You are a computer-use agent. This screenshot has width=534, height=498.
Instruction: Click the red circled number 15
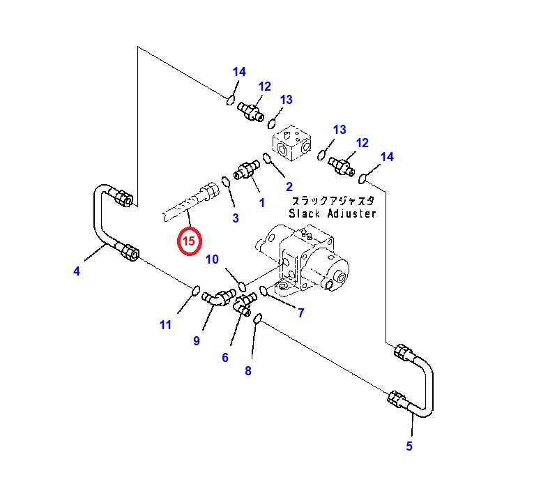[x=189, y=241]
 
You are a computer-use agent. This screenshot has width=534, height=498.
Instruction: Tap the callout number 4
[x=77, y=271]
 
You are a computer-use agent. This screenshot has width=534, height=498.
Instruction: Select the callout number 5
[x=409, y=446]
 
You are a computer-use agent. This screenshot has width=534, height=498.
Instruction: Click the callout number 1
[x=261, y=203]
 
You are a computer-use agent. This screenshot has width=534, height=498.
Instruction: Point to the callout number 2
[x=289, y=187]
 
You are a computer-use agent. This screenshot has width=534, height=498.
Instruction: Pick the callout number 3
[x=236, y=218]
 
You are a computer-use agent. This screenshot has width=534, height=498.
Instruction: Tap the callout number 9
[x=197, y=340]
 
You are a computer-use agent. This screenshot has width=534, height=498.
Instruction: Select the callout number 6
[x=225, y=357]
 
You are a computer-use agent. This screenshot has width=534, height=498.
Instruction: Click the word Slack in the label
[x=304, y=213]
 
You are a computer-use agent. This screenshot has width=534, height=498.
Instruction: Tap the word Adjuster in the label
[x=352, y=213]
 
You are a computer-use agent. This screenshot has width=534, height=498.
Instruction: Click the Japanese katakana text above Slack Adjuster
[x=333, y=201]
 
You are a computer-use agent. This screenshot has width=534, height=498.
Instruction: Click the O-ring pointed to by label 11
[x=195, y=291]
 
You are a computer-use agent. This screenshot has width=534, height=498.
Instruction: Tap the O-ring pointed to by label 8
[x=258, y=319]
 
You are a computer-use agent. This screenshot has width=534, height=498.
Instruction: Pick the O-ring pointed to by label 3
[x=226, y=182]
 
